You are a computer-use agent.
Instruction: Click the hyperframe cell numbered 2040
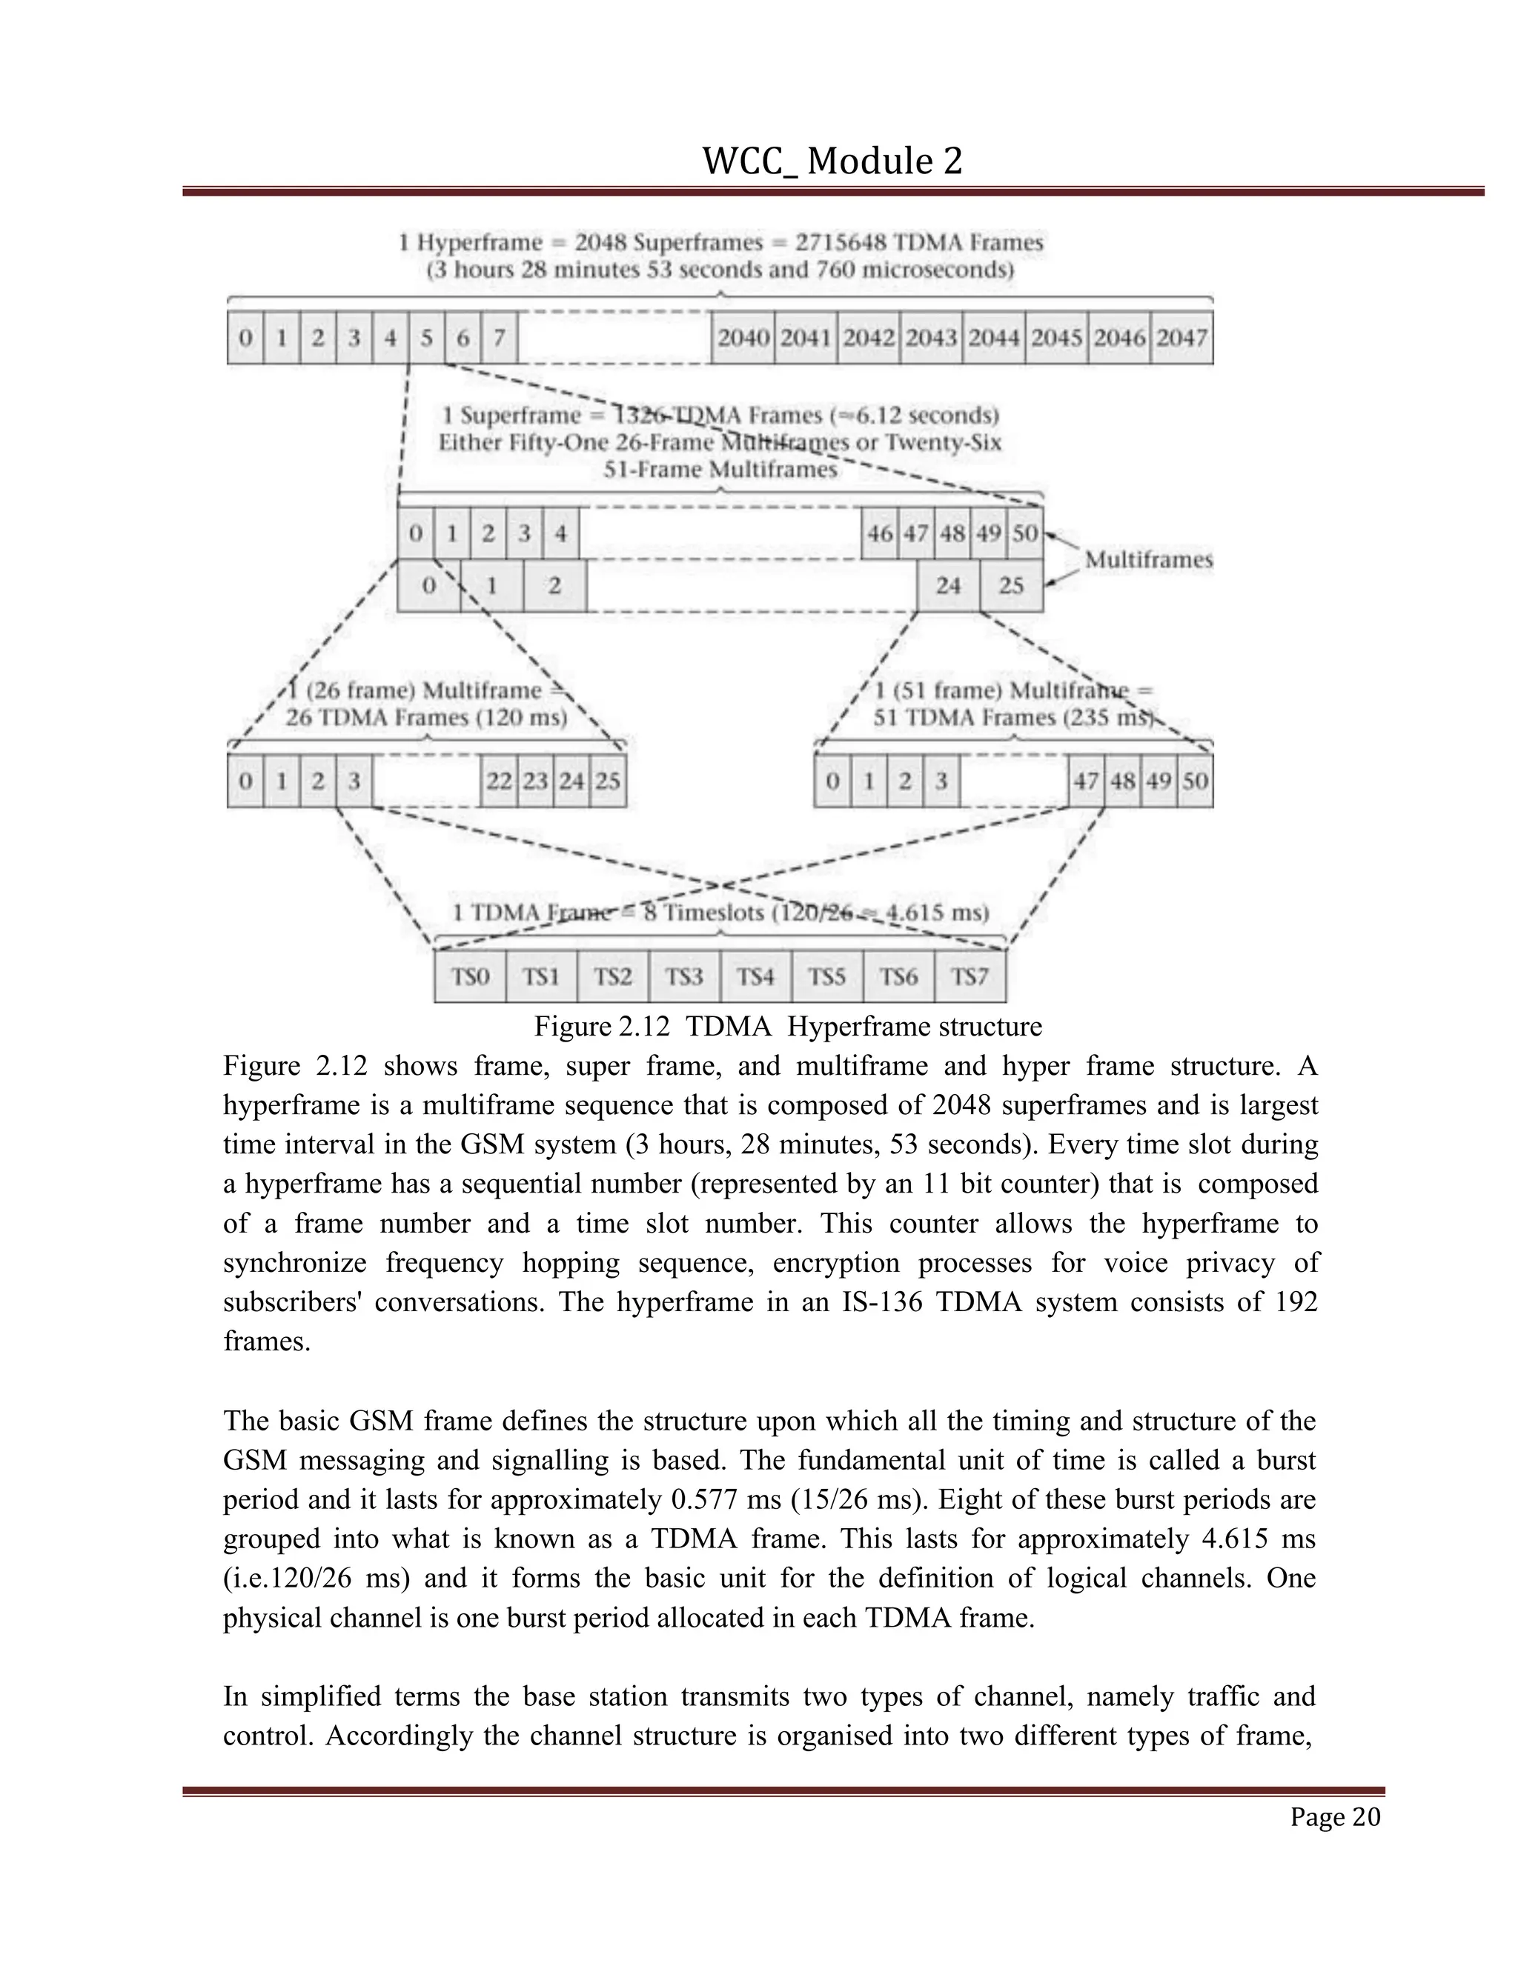[743, 338]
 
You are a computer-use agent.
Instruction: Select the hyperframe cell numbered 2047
[1181, 338]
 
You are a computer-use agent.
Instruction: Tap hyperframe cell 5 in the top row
[426, 338]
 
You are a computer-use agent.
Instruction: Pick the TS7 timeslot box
[970, 976]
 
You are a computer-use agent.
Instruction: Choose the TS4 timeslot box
[755, 976]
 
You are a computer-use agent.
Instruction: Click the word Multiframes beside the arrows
[1148, 559]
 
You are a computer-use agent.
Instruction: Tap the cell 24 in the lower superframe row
[948, 585]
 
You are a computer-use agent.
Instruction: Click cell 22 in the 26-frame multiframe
[499, 780]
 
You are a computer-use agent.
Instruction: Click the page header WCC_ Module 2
[832, 161]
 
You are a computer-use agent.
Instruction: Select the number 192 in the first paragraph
[1295, 1302]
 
